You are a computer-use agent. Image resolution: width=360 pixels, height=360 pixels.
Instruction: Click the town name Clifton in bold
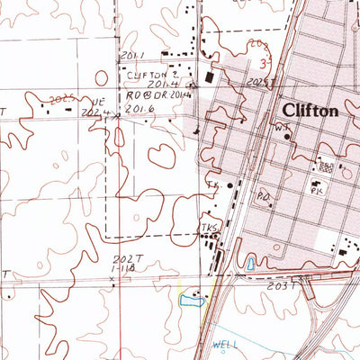310,111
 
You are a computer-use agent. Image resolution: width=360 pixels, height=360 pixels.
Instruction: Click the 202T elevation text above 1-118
122,260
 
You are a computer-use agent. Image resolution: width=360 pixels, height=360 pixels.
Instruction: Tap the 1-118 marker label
122,268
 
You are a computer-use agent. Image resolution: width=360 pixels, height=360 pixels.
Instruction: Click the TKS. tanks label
210,228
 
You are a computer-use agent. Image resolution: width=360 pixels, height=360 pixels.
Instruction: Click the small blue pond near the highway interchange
249,264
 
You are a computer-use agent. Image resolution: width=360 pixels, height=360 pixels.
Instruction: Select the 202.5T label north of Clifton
256,83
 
